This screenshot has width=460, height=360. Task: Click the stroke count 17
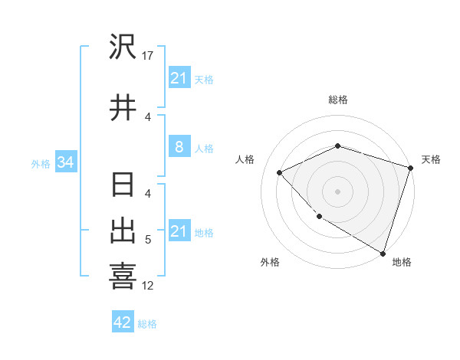[x=148, y=56]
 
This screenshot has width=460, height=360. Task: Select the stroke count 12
[x=148, y=286]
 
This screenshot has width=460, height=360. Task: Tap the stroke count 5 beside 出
[x=148, y=240]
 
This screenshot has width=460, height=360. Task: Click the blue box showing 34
[x=65, y=162]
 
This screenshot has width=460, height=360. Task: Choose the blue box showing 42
[x=123, y=322]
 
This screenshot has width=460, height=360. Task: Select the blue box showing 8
[x=179, y=148]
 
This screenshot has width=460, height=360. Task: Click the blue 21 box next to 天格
[x=179, y=78]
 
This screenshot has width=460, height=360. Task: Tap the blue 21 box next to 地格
[x=179, y=231]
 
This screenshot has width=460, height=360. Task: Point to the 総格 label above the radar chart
[x=337, y=100]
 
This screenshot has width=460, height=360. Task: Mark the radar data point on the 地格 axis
[x=381, y=252]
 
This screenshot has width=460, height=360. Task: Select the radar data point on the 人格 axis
[x=280, y=172]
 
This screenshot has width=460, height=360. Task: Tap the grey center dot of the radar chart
[x=337, y=191]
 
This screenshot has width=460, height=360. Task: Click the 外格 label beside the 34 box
[x=41, y=163]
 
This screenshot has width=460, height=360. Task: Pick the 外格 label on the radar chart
[x=270, y=262]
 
